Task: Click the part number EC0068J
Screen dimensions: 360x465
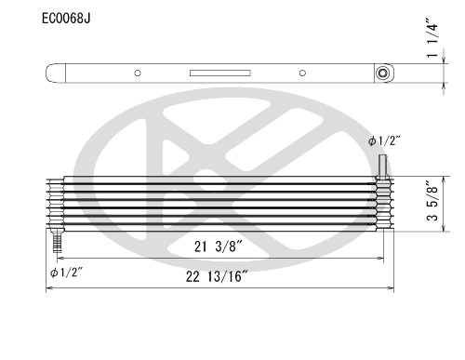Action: tap(68, 18)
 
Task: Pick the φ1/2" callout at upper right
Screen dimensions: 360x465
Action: tap(384, 142)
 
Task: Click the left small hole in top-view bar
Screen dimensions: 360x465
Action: tap(137, 73)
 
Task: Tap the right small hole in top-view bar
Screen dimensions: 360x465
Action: tap(302, 73)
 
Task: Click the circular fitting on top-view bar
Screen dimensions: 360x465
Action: tap(382, 73)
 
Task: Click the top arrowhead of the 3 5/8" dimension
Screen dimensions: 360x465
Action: tap(442, 179)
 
